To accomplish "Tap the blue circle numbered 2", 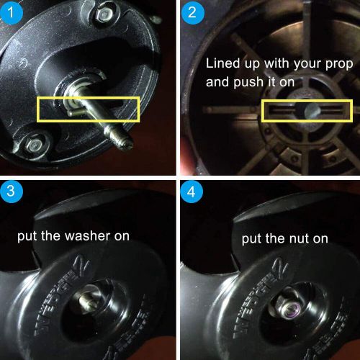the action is coord(192,12).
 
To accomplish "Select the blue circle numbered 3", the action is coord(11,191).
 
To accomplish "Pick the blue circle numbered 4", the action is coord(192,192).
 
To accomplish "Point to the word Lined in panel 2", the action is coord(223,63).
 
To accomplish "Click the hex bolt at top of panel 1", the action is coord(104,16).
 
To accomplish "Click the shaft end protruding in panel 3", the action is coord(87,301).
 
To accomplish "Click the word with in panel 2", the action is coord(276,63).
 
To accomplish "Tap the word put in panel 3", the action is coord(27,236).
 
